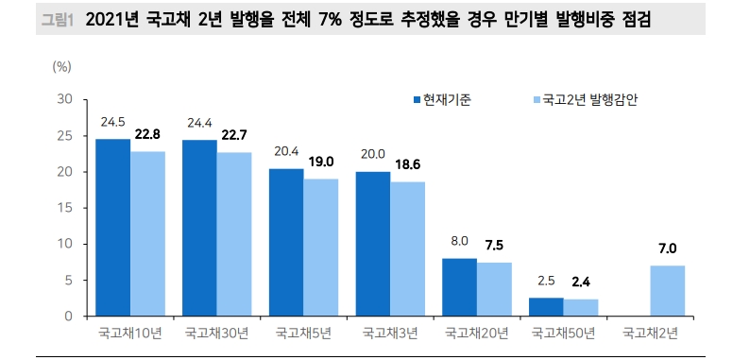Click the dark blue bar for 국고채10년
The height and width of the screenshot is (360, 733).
[113, 228]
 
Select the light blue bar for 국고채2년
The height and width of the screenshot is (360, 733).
[668, 291]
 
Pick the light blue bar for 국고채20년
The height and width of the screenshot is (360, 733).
[494, 289]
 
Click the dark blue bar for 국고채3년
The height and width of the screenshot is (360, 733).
[373, 244]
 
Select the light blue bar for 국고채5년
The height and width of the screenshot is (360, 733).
[320, 248]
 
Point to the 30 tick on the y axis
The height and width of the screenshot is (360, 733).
[65, 99]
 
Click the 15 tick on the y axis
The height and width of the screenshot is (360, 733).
[65, 208]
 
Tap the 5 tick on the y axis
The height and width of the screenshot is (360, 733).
[68, 281]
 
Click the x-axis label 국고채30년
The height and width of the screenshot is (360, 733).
[216, 334]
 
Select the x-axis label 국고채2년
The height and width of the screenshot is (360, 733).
[650, 334]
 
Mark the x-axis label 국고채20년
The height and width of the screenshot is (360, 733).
[477, 334]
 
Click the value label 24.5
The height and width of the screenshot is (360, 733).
[113, 122]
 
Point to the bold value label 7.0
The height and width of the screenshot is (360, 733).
[668, 249]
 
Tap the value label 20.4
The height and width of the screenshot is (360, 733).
[286, 152]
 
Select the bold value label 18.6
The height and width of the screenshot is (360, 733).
[408, 164]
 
